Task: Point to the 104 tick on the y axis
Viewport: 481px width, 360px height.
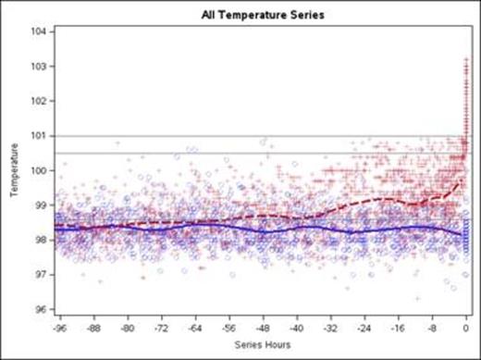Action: (41, 31)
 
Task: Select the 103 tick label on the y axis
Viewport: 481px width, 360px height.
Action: (41, 67)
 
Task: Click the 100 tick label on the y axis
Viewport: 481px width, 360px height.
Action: (41, 170)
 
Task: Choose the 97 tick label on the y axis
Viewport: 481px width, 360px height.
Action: (43, 275)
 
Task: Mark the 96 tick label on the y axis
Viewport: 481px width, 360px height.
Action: (43, 309)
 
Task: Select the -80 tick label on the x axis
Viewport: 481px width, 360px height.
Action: (129, 328)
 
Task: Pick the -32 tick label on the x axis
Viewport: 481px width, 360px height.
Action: (330, 328)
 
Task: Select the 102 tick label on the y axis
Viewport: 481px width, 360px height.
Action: (41, 101)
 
